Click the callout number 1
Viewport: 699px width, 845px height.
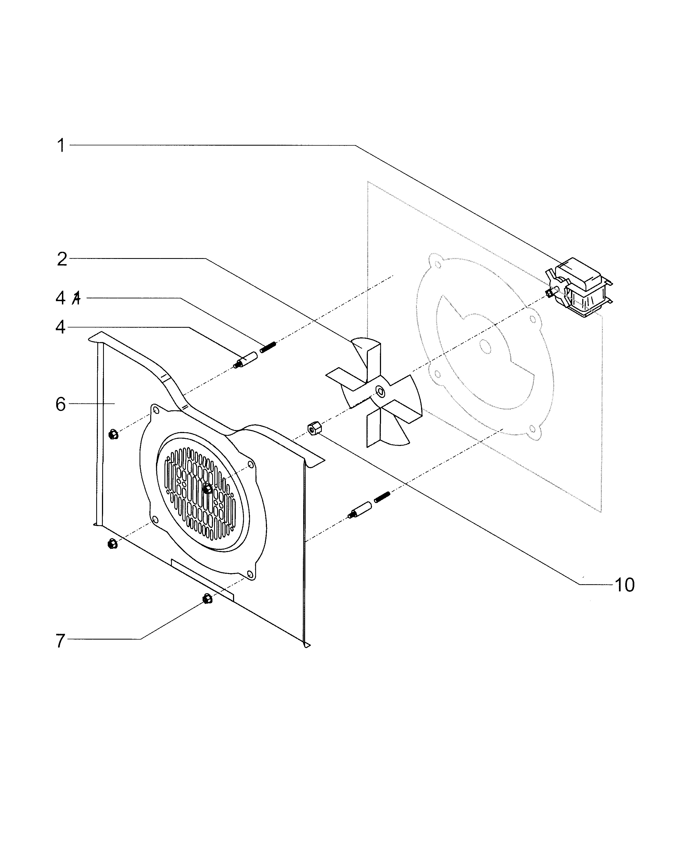pos(61,146)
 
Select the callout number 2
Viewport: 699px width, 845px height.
pos(62,259)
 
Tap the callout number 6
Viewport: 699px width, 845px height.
pos(61,404)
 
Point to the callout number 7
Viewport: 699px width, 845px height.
pos(60,641)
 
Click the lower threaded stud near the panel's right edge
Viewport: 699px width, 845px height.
pos(382,497)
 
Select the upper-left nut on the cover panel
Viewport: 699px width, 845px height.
pos(113,434)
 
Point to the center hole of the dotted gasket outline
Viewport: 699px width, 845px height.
pos(486,346)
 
